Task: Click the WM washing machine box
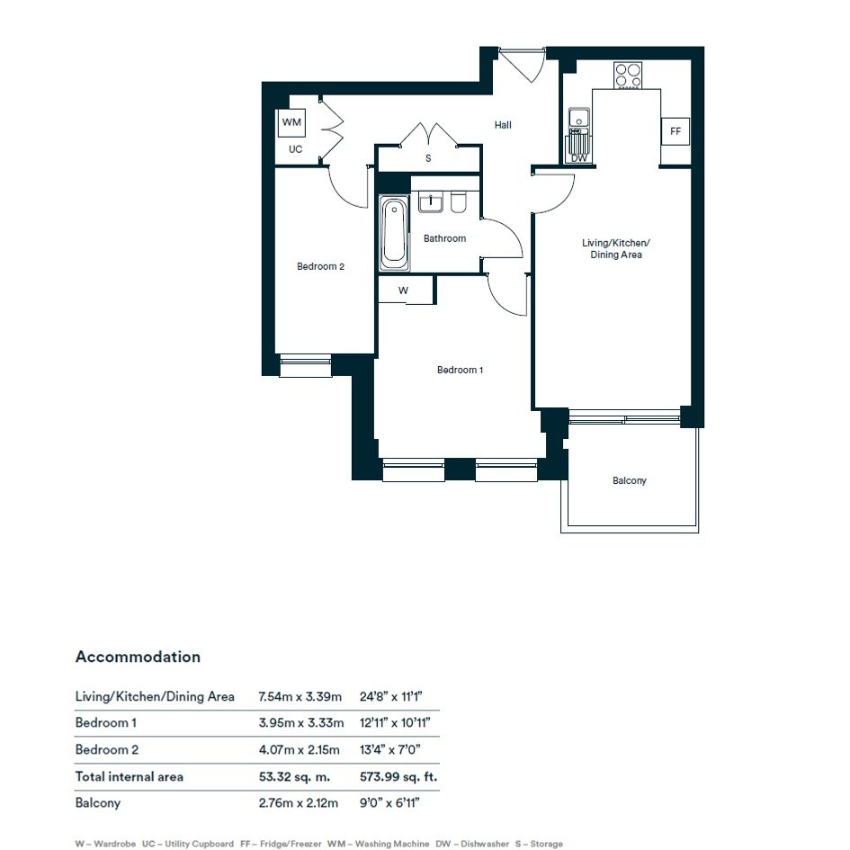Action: coord(291,122)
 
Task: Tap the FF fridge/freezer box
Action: coord(676,131)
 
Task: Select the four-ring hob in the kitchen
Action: coord(628,76)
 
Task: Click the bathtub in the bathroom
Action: coord(394,233)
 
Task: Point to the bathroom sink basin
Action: coord(431,201)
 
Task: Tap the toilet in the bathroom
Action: coord(459,201)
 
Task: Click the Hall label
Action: coord(503,125)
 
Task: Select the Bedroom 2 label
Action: coord(320,266)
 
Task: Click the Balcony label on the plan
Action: coord(630,480)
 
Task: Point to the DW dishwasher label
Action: coord(579,158)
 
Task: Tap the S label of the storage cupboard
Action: coord(428,158)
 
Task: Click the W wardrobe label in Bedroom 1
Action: coord(403,291)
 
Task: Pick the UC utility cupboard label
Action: coord(295,149)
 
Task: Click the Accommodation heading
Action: coord(139,657)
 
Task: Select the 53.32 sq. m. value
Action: coord(294,777)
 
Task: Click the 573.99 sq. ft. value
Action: coord(398,777)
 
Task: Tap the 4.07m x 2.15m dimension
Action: coord(300,750)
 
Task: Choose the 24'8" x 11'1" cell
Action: coord(391,696)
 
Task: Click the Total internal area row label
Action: coord(130,777)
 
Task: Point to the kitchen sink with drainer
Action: coord(579,131)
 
